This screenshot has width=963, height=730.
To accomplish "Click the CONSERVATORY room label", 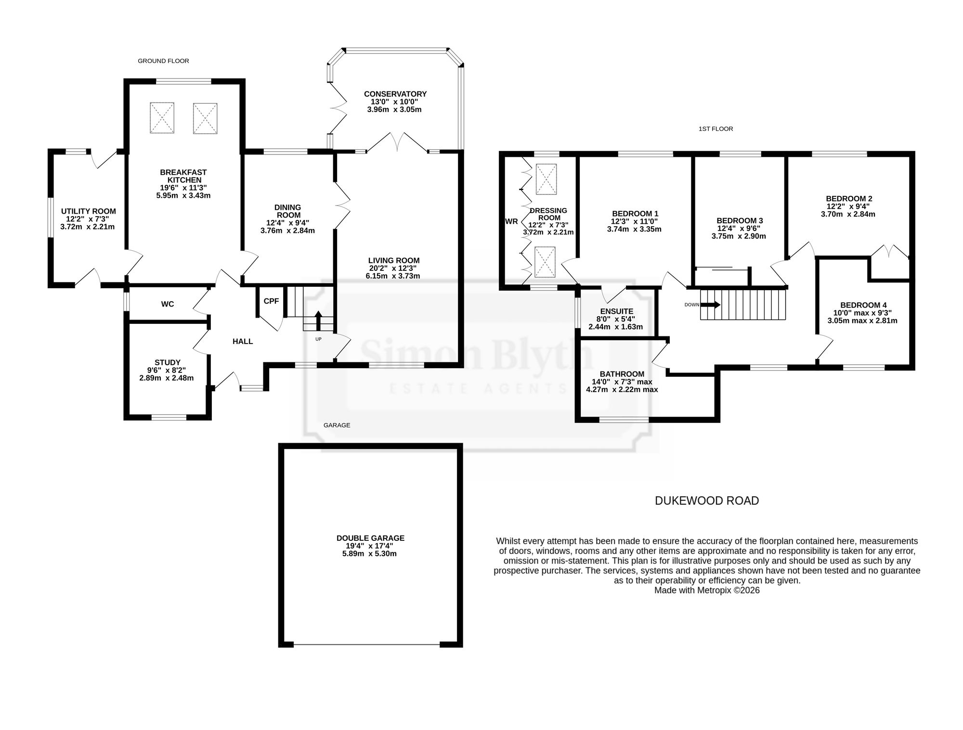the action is click(395, 94).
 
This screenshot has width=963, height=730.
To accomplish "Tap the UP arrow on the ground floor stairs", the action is click(318, 321).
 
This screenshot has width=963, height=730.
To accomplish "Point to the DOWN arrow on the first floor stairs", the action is click(710, 305).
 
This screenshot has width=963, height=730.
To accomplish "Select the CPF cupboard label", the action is click(271, 301).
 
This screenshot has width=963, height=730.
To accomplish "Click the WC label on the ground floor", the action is click(168, 304).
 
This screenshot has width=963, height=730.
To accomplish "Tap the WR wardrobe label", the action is click(511, 221).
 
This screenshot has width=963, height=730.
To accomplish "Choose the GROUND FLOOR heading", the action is click(163, 61).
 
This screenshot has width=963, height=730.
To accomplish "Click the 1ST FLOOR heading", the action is click(716, 129).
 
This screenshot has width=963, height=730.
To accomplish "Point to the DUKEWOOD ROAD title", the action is click(707, 500).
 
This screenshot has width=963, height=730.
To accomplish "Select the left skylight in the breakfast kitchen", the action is click(162, 118).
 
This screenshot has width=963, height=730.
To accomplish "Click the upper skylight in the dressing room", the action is click(546, 179).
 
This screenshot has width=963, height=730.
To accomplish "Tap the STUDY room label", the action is click(168, 362).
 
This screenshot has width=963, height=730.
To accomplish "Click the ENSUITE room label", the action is click(617, 311).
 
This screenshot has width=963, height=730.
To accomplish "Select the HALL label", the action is click(243, 341).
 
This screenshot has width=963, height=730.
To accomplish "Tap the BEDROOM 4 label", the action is click(863, 305).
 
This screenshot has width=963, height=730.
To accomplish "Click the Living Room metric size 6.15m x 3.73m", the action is click(393, 276).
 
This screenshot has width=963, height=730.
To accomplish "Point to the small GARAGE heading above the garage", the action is click(337, 425).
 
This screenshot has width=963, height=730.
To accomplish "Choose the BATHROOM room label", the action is click(622, 374).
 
